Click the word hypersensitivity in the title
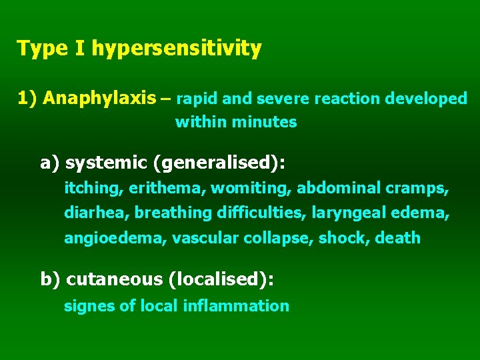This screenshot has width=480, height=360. pos(176,49)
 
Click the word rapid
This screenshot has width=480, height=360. pos(197,99)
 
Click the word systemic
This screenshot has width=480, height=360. pos(107,163)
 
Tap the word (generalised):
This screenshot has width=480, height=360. pos(223,163)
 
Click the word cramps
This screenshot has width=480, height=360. pos(422,189)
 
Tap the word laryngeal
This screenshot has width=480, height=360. pos(347,213)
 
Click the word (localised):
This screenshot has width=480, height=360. pos(221,279)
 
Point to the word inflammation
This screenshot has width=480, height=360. pos(246,306)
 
